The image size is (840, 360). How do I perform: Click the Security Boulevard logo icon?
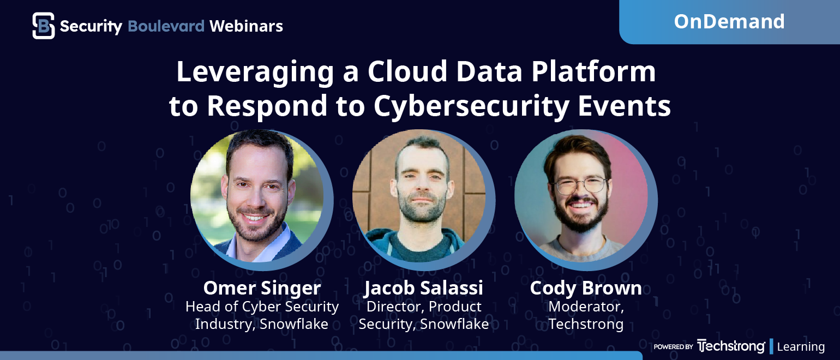pos(44,26)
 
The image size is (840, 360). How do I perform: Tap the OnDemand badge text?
pos(729,21)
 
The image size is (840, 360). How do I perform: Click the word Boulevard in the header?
pos(166,26)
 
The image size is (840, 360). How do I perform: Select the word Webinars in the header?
pos(246,26)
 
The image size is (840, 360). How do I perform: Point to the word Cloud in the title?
pos(407,71)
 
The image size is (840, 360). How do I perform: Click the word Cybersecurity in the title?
pos(471,106)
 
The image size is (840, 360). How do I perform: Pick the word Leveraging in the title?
pos(255,72)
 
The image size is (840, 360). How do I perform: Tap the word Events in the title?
pos(624,106)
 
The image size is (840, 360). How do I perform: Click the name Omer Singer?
pos(262,288)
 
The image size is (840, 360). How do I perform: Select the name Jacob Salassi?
pos(423,288)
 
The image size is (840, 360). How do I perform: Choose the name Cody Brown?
pos(586,288)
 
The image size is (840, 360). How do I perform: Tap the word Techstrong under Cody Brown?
pos(586,324)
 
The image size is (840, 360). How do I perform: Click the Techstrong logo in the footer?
pos(731,346)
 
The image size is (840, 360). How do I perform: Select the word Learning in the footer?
pos(801,347)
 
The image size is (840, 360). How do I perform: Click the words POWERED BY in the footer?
pos(673,347)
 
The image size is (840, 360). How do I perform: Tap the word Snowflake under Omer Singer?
pos(293,324)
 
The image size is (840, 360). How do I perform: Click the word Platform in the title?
pos(593,71)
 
